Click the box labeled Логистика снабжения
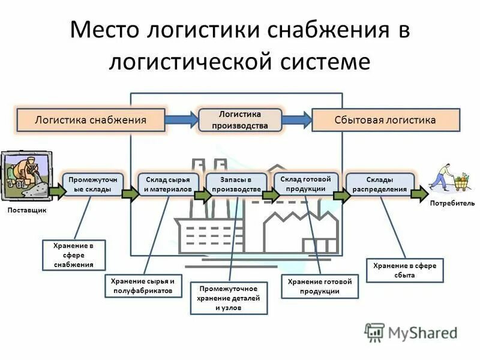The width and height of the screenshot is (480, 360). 91,120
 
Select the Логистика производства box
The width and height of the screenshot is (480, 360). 240,119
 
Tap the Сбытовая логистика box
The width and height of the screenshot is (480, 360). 385,120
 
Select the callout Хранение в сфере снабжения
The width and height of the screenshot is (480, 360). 74,255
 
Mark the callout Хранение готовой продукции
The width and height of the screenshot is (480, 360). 319,287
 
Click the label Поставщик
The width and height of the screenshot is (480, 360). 26,211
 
